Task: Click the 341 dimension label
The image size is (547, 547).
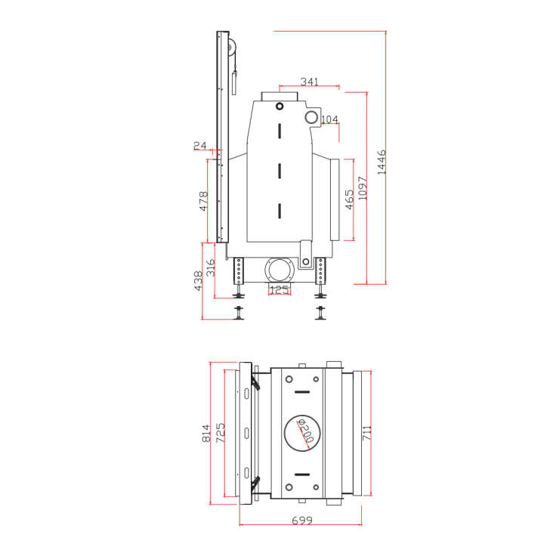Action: click(x=309, y=82)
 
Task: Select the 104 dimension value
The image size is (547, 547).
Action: click(x=330, y=120)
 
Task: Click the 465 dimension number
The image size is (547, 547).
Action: click(x=349, y=199)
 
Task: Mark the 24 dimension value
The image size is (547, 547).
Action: click(x=199, y=146)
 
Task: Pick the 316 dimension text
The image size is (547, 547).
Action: click(x=212, y=267)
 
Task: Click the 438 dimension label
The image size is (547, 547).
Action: click(x=199, y=281)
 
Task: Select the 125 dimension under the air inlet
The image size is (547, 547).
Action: click(x=280, y=289)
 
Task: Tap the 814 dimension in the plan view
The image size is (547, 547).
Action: click(x=206, y=434)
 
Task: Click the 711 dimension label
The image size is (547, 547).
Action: click(x=367, y=433)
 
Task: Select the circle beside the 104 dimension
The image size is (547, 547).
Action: click(x=311, y=117)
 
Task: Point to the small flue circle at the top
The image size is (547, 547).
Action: click(x=280, y=106)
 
